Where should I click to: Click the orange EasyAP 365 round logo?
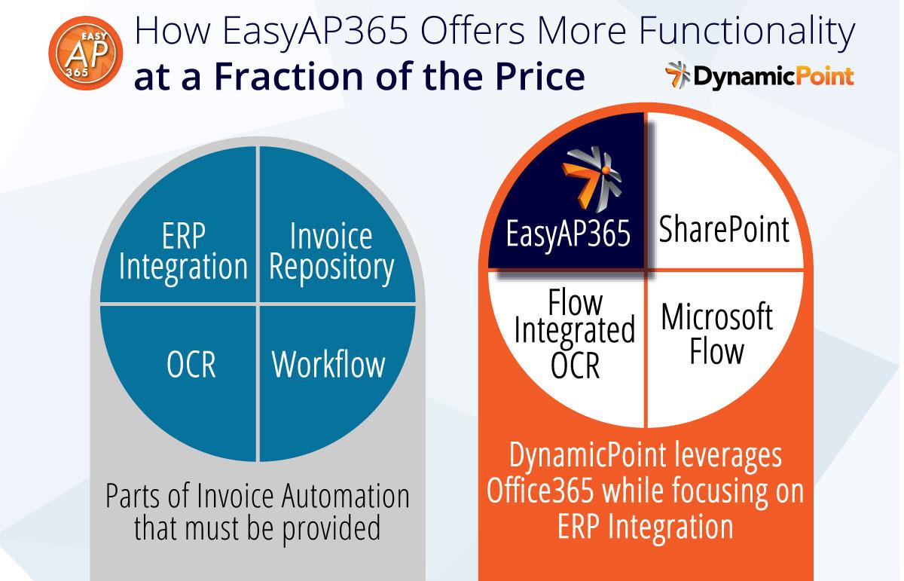click(86, 53)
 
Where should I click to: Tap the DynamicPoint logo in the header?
click(759, 75)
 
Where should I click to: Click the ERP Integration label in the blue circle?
click(183, 252)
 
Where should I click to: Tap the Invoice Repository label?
click(331, 252)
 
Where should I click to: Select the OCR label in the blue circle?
click(191, 364)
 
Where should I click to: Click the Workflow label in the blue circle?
click(328, 364)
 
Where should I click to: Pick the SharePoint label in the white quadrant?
click(724, 229)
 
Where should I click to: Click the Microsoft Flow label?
click(717, 334)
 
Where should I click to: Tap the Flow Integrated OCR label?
click(575, 334)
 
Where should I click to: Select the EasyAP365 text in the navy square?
click(568, 234)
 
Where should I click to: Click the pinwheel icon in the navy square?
click(591, 179)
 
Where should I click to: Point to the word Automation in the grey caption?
click(346, 495)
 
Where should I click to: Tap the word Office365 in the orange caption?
click(540, 490)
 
